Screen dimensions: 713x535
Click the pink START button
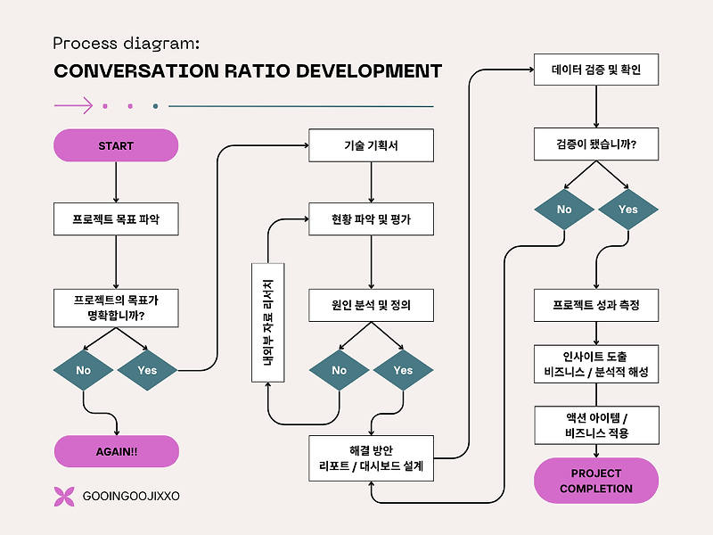(116, 145)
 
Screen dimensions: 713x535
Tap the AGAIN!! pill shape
(117, 451)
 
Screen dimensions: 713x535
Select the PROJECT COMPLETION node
(596, 481)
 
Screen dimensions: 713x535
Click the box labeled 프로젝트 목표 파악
(116, 218)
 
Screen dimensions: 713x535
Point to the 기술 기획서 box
(371, 145)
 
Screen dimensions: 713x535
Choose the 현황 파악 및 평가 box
(371, 218)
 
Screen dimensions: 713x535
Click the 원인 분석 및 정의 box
(371, 305)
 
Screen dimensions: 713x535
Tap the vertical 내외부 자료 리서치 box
(268, 323)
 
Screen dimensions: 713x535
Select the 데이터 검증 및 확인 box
(596, 70)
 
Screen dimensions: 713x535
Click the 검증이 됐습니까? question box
(596, 144)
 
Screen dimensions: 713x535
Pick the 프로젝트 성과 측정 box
(596, 305)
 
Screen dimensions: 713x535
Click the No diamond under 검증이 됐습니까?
(564, 210)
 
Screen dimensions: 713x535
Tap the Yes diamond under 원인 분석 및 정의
(404, 370)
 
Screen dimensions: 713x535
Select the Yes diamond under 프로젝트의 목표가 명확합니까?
(147, 370)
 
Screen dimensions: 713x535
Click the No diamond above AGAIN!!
(83, 370)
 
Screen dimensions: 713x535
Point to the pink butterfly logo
(64, 497)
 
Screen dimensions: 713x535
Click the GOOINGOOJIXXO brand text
(131, 496)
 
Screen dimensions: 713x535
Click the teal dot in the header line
(155, 106)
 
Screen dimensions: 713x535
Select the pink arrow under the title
(73, 105)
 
